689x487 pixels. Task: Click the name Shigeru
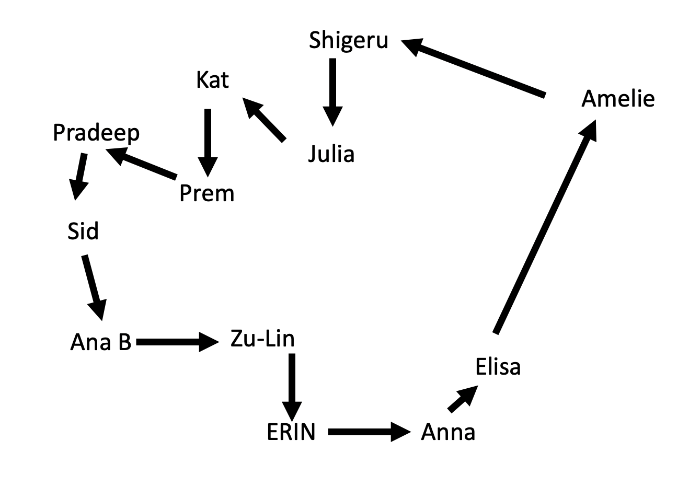[348, 40]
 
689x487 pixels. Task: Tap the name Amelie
[617, 99]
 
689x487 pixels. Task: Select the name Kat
[212, 80]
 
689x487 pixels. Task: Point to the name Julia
[331, 154]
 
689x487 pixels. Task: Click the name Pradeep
[96, 133]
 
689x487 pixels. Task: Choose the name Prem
[206, 194]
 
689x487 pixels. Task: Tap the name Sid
[83, 231]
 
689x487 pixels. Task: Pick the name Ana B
[100, 343]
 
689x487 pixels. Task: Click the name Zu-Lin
[262, 340]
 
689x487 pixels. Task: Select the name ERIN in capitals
[291, 433]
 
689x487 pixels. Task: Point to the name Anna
[448, 433]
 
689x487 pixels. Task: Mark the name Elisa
[498, 367]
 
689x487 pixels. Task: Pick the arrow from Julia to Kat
[265, 120]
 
